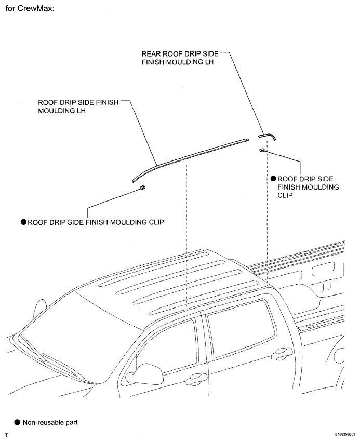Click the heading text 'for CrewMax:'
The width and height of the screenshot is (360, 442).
[x=30, y=8]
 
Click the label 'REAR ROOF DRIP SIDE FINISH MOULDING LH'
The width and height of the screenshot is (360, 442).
[x=180, y=58]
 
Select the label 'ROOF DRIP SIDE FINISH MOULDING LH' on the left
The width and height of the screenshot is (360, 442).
[x=78, y=106]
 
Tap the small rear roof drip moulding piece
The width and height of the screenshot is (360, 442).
[x=267, y=136]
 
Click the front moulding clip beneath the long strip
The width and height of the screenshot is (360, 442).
[x=142, y=187]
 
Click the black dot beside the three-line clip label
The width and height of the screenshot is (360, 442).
[x=273, y=179]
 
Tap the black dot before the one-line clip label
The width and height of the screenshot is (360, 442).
[x=23, y=222]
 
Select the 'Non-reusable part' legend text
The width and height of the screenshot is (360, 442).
[x=50, y=422]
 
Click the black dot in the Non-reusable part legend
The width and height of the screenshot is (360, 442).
[x=17, y=422]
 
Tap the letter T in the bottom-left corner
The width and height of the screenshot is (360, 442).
[x=7, y=436]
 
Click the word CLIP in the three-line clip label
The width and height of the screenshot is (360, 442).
[x=285, y=195]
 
